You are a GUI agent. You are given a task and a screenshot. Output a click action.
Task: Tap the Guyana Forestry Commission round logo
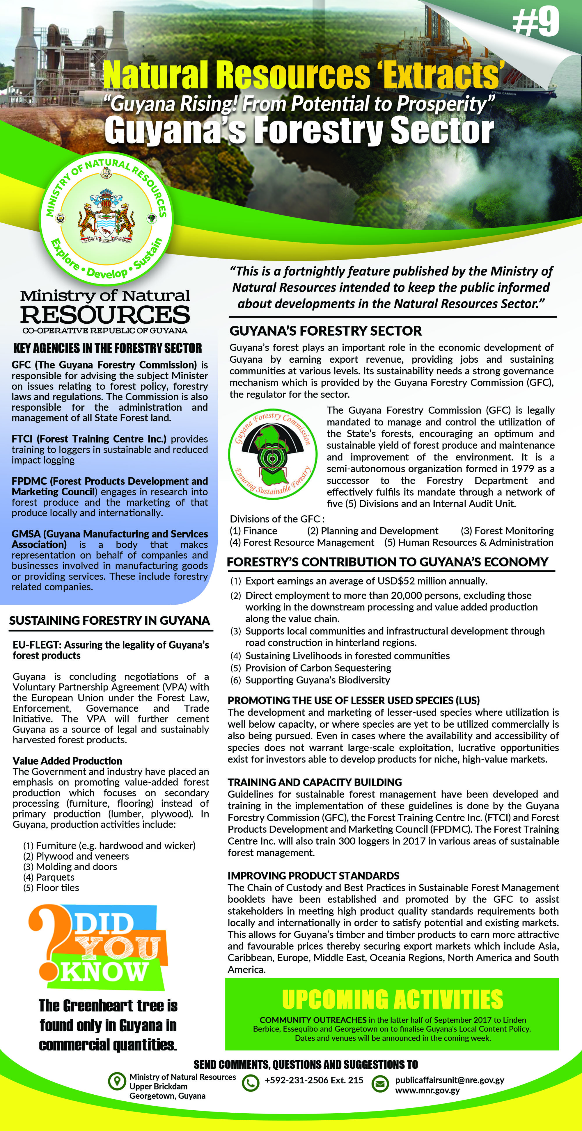(x=272, y=454)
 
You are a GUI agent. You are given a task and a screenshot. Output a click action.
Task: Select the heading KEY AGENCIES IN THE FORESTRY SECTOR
(x=108, y=348)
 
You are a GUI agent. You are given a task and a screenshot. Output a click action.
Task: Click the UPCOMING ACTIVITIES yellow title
(x=392, y=999)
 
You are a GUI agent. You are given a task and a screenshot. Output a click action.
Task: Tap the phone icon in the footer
(x=250, y=1083)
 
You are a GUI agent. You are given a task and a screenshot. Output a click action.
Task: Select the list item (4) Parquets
(x=49, y=877)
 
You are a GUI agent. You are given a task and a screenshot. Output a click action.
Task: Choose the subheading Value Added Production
(x=67, y=761)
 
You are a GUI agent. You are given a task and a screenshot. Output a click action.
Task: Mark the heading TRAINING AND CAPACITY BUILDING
(x=315, y=782)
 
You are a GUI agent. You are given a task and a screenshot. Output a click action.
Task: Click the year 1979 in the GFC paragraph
(x=523, y=469)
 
